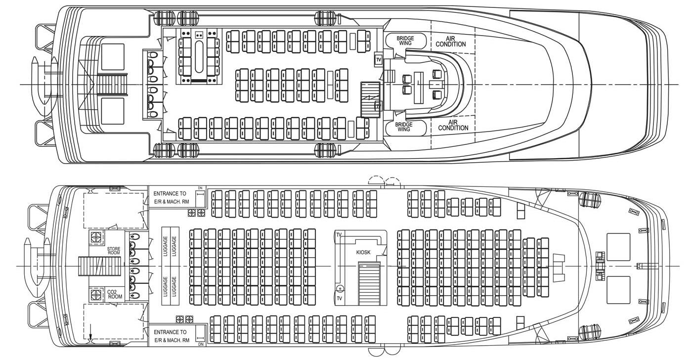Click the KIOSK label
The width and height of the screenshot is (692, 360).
[363, 252]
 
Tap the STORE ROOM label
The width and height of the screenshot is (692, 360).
[114, 251]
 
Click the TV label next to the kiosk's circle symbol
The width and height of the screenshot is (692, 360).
[339, 298]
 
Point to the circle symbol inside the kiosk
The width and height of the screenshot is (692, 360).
[340, 288]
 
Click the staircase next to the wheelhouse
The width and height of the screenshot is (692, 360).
[370, 99]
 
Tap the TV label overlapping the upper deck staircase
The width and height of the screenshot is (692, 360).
[378, 106]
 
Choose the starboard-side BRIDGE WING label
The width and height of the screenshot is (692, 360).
[404, 126]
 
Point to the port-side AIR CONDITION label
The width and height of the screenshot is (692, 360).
[450, 41]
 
